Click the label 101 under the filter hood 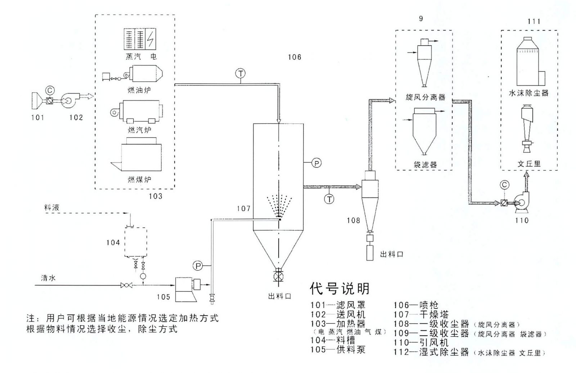coord(37,117)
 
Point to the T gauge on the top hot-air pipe coord(240,73)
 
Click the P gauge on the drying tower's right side coord(316,163)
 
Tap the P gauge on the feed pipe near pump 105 coord(198,266)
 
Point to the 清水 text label coord(48,278)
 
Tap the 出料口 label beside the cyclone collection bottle coord(391,254)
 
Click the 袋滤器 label coord(425,165)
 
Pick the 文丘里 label coord(529,163)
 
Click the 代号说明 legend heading coord(339,288)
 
